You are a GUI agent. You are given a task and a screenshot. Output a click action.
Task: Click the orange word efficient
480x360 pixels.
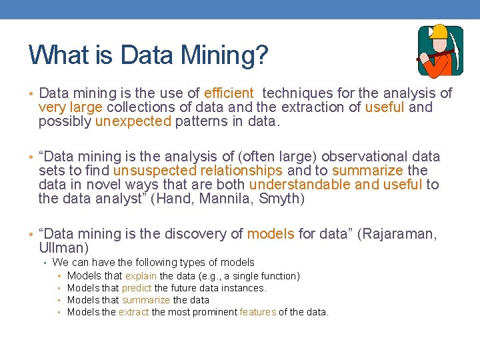click(x=229, y=93)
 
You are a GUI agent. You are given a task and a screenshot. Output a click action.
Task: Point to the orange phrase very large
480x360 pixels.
click(x=70, y=107)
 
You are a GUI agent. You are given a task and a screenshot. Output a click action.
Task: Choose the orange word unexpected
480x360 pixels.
click(x=133, y=121)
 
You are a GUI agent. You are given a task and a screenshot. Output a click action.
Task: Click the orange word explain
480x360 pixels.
click(x=141, y=276)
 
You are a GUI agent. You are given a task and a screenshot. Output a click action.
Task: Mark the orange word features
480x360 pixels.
click(x=257, y=312)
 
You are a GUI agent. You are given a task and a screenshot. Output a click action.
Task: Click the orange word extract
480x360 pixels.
click(x=134, y=312)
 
